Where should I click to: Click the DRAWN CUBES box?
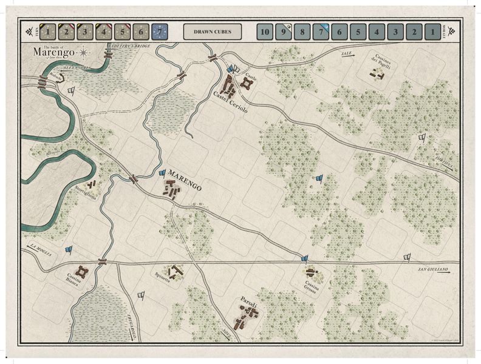[212, 32]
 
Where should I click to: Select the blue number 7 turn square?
[160, 32]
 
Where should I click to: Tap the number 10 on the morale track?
[264, 32]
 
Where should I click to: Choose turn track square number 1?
[49, 32]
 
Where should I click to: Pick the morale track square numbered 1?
[432, 32]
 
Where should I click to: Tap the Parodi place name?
[249, 303]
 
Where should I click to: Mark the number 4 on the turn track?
[104, 32]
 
